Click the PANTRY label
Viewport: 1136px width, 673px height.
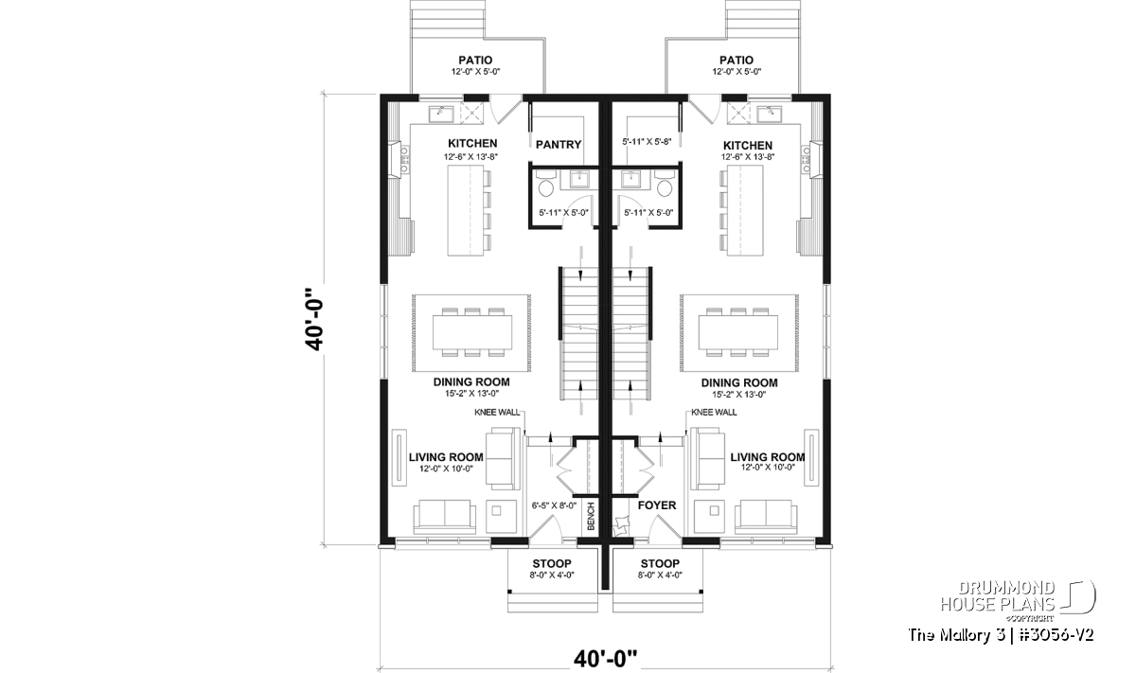[559, 145]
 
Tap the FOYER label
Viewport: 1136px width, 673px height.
[657, 505]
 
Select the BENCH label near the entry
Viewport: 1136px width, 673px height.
[591, 516]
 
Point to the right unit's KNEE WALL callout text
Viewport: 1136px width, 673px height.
[714, 413]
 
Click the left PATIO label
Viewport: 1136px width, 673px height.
[475, 61]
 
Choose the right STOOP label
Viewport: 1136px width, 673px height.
[660, 563]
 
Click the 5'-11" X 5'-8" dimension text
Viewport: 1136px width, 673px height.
[647, 142]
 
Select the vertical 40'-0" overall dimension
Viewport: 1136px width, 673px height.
[314, 320]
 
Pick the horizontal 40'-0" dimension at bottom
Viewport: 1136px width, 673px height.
[605, 659]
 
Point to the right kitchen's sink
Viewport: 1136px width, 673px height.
[770, 114]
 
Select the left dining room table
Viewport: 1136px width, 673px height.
[472, 332]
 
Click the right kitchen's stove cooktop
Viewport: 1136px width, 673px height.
[806, 159]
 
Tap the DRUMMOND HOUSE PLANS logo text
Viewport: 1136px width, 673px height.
[998, 596]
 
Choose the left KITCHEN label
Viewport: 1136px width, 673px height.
[472, 144]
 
